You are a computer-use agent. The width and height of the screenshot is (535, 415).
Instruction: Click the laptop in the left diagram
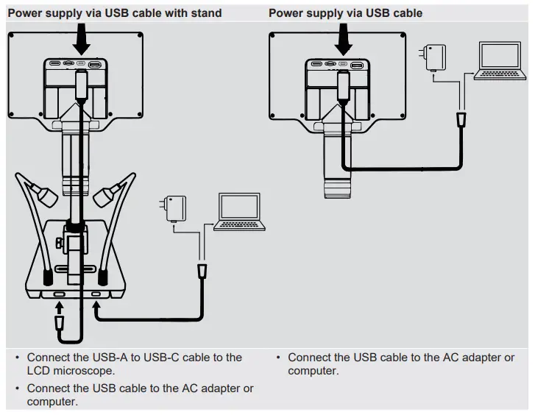coord(241,213)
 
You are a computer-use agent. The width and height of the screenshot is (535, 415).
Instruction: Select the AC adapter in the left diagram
coord(175,208)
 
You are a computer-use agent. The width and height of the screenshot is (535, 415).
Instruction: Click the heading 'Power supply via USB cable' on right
coord(345,13)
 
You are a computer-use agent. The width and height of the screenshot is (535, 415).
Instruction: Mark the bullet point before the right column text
coord(279,358)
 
